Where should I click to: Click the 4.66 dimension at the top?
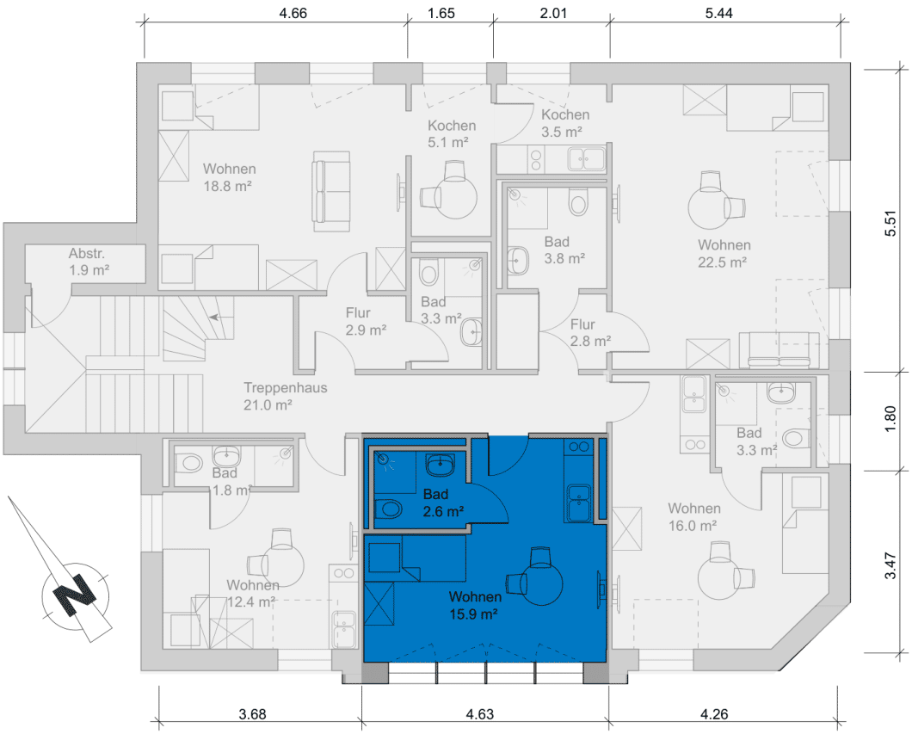point(293,13)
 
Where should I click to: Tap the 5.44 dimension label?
point(719,13)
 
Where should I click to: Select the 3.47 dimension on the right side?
point(890,566)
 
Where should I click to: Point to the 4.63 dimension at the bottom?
point(480,713)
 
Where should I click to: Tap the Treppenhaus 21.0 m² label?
point(285,396)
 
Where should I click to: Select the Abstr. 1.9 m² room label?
point(89,262)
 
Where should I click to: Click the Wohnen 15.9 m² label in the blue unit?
point(475,605)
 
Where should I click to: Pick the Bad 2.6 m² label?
point(442,503)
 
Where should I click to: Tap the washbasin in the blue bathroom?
point(441,464)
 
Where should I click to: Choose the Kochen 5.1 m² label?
point(452,133)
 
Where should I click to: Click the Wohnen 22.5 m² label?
point(724,254)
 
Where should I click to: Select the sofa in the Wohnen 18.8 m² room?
point(331,191)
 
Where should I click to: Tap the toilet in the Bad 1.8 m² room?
point(188,464)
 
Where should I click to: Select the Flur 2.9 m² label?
point(366,322)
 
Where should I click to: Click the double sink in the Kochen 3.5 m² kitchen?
point(587,158)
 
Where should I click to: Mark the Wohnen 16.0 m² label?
point(693,517)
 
